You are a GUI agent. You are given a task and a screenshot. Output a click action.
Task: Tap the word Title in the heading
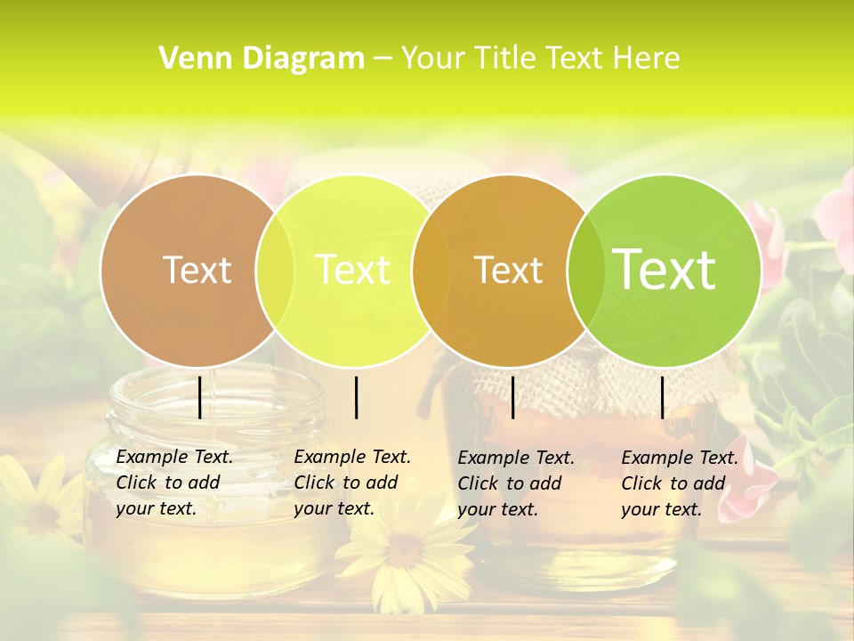tap(507, 59)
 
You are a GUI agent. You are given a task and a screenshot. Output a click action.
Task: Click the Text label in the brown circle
tap(197, 270)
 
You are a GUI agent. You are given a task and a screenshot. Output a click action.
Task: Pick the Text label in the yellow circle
tap(352, 270)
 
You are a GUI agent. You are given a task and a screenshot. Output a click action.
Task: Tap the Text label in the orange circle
tap(508, 270)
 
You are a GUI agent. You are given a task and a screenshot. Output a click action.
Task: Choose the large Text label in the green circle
tap(665, 270)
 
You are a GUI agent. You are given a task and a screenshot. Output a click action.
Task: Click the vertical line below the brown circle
tap(200, 397)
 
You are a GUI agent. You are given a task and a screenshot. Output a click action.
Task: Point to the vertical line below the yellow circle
tap(356, 397)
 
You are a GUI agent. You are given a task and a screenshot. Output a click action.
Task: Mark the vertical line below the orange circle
tap(513, 397)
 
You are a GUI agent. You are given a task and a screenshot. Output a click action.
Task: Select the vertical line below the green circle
tap(663, 397)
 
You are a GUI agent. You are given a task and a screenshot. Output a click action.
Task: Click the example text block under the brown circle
tap(173, 483)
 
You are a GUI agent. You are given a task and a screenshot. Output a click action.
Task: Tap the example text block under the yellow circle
tap(351, 483)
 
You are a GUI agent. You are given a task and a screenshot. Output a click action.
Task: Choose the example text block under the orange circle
tap(515, 483)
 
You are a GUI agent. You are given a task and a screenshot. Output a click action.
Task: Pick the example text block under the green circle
tap(679, 483)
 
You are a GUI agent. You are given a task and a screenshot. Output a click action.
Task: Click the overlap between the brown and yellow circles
tap(275, 271)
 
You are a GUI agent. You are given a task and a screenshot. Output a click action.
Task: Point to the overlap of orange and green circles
tap(586, 271)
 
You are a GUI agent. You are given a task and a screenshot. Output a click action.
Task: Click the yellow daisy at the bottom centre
tap(405, 552)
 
